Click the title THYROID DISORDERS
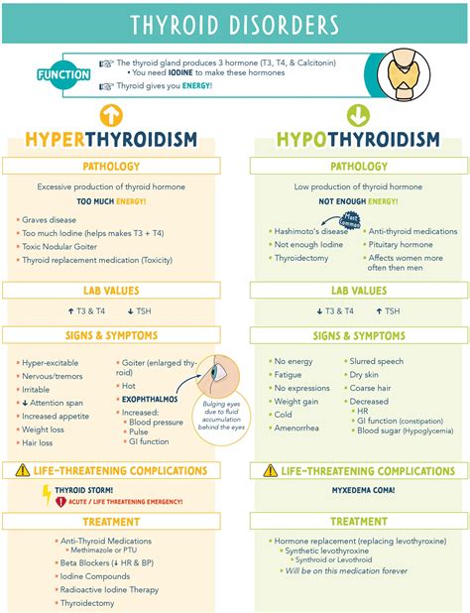pos(234,25)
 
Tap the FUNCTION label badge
pos(63,74)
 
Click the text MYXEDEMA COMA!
pos(358,489)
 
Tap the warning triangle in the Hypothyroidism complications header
pos(270,471)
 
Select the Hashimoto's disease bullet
pos(313,230)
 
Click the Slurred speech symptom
pos(379,362)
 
